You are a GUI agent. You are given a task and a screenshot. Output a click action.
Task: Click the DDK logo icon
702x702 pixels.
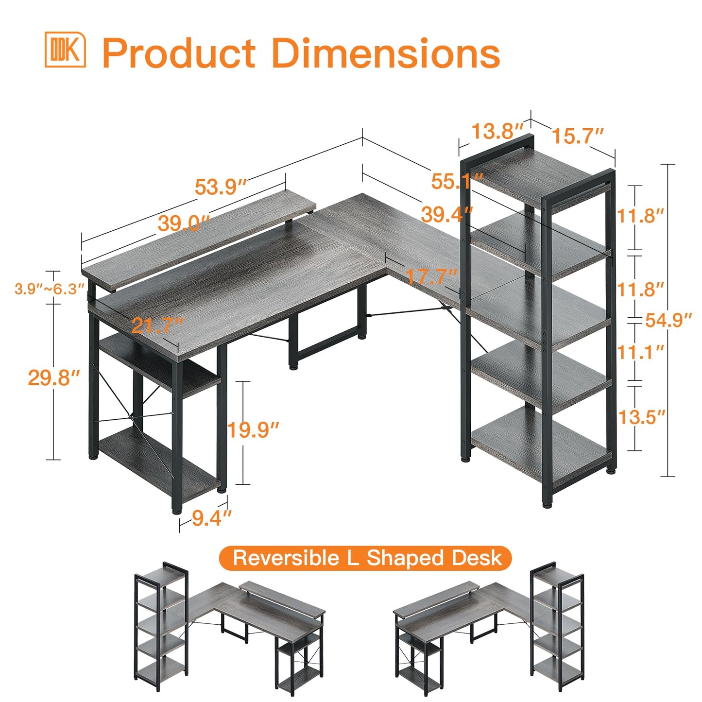coord(65,50)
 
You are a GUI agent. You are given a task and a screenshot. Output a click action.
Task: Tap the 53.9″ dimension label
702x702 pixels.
coord(221,187)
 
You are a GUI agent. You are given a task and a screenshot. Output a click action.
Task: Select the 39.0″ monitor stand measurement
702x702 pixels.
coord(184,223)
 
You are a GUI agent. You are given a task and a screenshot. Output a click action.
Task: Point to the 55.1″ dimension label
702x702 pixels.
coord(457,181)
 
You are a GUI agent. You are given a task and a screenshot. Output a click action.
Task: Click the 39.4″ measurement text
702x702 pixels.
coord(447,214)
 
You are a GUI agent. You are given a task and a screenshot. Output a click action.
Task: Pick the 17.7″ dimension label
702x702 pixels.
coord(431,276)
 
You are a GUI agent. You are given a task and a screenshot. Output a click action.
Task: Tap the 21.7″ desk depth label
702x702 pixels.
coord(157,325)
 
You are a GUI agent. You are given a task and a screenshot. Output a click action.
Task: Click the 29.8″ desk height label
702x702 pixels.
coord(54,377)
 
